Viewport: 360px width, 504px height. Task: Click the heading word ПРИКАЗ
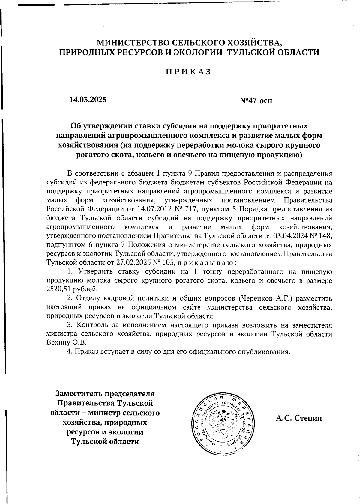pyautogui.click(x=189, y=72)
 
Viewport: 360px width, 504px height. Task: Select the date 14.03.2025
pyautogui.click(x=88, y=99)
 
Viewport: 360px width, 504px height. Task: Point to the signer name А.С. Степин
pyautogui.click(x=299, y=418)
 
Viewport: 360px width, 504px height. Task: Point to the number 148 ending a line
pyautogui.click(x=326, y=236)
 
